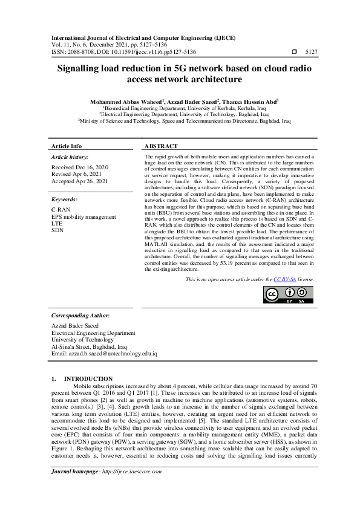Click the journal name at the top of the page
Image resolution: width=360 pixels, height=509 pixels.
click(x=143, y=37)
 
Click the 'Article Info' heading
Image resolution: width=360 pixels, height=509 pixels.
click(x=67, y=146)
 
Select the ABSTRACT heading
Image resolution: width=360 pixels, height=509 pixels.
click(x=162, y=146)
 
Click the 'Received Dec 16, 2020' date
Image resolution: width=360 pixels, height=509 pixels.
click(x=80, y=166)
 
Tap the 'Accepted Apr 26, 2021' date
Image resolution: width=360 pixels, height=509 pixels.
click(x=80, y=181)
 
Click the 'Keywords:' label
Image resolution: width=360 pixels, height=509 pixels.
click(x=64, y=199)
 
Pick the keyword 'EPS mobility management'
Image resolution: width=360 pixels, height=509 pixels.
click(x=83, y=216)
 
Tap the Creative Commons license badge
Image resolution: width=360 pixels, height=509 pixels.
click(x=288, y=294)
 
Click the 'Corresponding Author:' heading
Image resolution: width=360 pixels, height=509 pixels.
click(x=80, y=316)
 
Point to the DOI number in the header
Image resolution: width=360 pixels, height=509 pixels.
click(x=145, y=53)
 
